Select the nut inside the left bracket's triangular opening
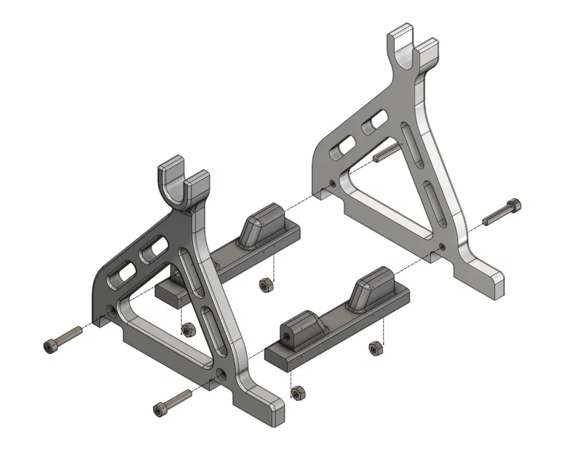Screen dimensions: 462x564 pos(188,328)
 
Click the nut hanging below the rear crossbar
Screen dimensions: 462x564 pos(265,285)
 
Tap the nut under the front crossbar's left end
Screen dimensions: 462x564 pos(298,393)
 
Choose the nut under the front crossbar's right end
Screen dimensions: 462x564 pos(376,347)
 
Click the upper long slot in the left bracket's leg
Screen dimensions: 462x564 pos(191,271)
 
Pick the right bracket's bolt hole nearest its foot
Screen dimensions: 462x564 pos(441,247)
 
